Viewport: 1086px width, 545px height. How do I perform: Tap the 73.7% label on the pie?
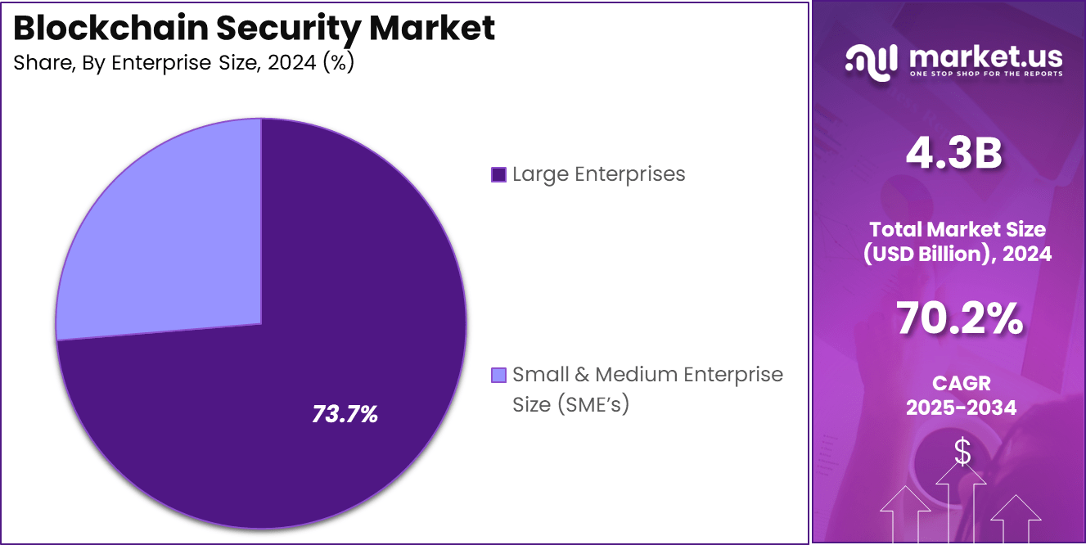click(345, 414)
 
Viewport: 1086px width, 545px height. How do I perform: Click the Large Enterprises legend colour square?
click(498, 174)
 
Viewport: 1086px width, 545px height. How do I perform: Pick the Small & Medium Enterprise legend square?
click(498, 376)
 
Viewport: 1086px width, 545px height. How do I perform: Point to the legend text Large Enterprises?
click(598, 174)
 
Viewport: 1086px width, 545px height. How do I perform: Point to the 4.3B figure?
click(954, 154)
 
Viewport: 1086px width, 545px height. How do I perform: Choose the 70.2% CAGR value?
click(960, 319)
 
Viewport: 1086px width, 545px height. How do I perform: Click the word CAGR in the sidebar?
click(961, 383)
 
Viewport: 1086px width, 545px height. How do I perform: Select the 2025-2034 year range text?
click(961, 408)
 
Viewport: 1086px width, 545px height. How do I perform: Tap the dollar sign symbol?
click(962, 452)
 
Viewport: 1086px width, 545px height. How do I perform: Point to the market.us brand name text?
click(985, 56)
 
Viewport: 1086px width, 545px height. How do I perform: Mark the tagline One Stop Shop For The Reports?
click(985, 74)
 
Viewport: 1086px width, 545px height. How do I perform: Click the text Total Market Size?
click(958, 229)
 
